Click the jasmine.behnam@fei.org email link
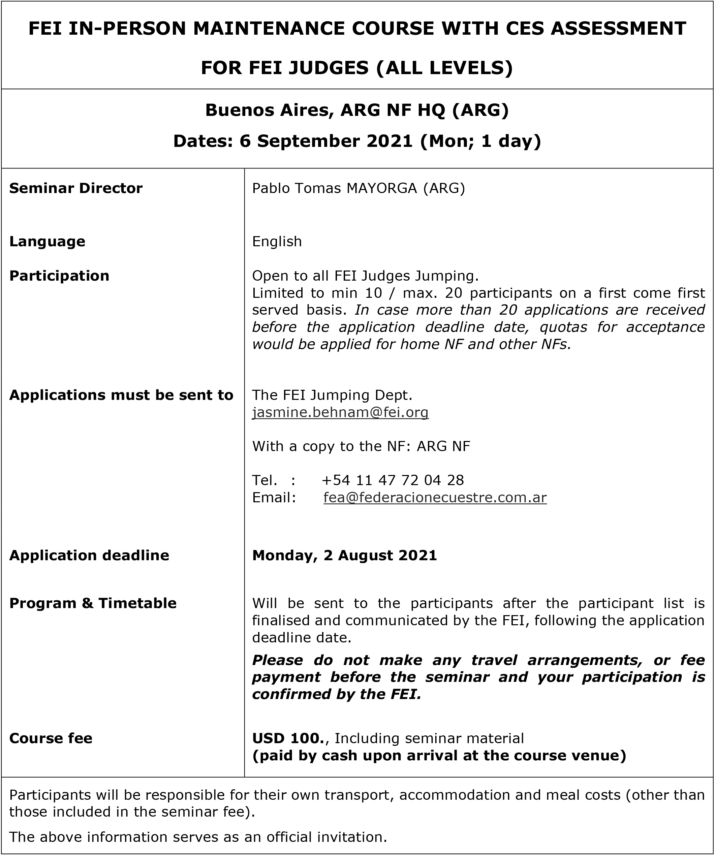[x=340, y=412]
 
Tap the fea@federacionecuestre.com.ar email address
[x=435, y=498]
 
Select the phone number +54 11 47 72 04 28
[x=393, y=480]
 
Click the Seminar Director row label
[x=76, y=188]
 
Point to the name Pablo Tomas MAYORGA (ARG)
[x=358, y=188]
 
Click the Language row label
[x=47, y=242]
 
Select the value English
[x=277, y=242]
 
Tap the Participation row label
[x=59, y=276]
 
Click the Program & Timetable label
[x=93, y=603]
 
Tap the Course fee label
[x=51, y=738]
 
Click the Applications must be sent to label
[x=121, y=395]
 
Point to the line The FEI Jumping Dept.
[x=332, y=395]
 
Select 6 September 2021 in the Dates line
[x=326, y=141]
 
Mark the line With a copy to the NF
[x=361, y=446]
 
